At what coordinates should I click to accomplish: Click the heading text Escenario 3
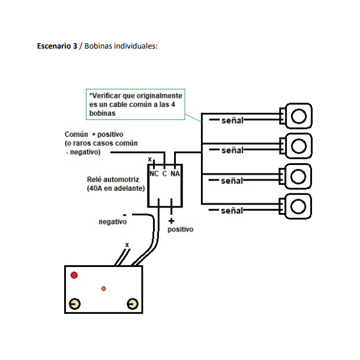tap(57, 46)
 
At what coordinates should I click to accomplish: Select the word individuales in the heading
tap(136, 46)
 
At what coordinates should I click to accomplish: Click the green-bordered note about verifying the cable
tap(135, 104)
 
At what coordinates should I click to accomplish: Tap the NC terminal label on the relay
tap(154, 173)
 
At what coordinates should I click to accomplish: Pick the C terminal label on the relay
tap(164, 173)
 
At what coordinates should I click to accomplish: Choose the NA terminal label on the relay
tap(175, 173)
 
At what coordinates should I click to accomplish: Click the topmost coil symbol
tap(296, 115)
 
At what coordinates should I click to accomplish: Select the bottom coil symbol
tap(296, 206)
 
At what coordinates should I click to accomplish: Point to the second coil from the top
tap(296, 145)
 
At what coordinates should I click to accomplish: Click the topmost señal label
tap(232, 120)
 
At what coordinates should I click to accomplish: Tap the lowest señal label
tap(232, 211)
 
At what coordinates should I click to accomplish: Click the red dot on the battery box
tap(74, 275)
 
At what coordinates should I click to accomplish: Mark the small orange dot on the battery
tap(104, 289)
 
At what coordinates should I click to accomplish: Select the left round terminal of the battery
tap(74, 304)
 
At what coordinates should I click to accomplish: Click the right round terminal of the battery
tap(132, 304)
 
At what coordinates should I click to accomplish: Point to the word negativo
tap(113, 222)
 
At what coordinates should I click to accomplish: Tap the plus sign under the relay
tap(171, 220)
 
